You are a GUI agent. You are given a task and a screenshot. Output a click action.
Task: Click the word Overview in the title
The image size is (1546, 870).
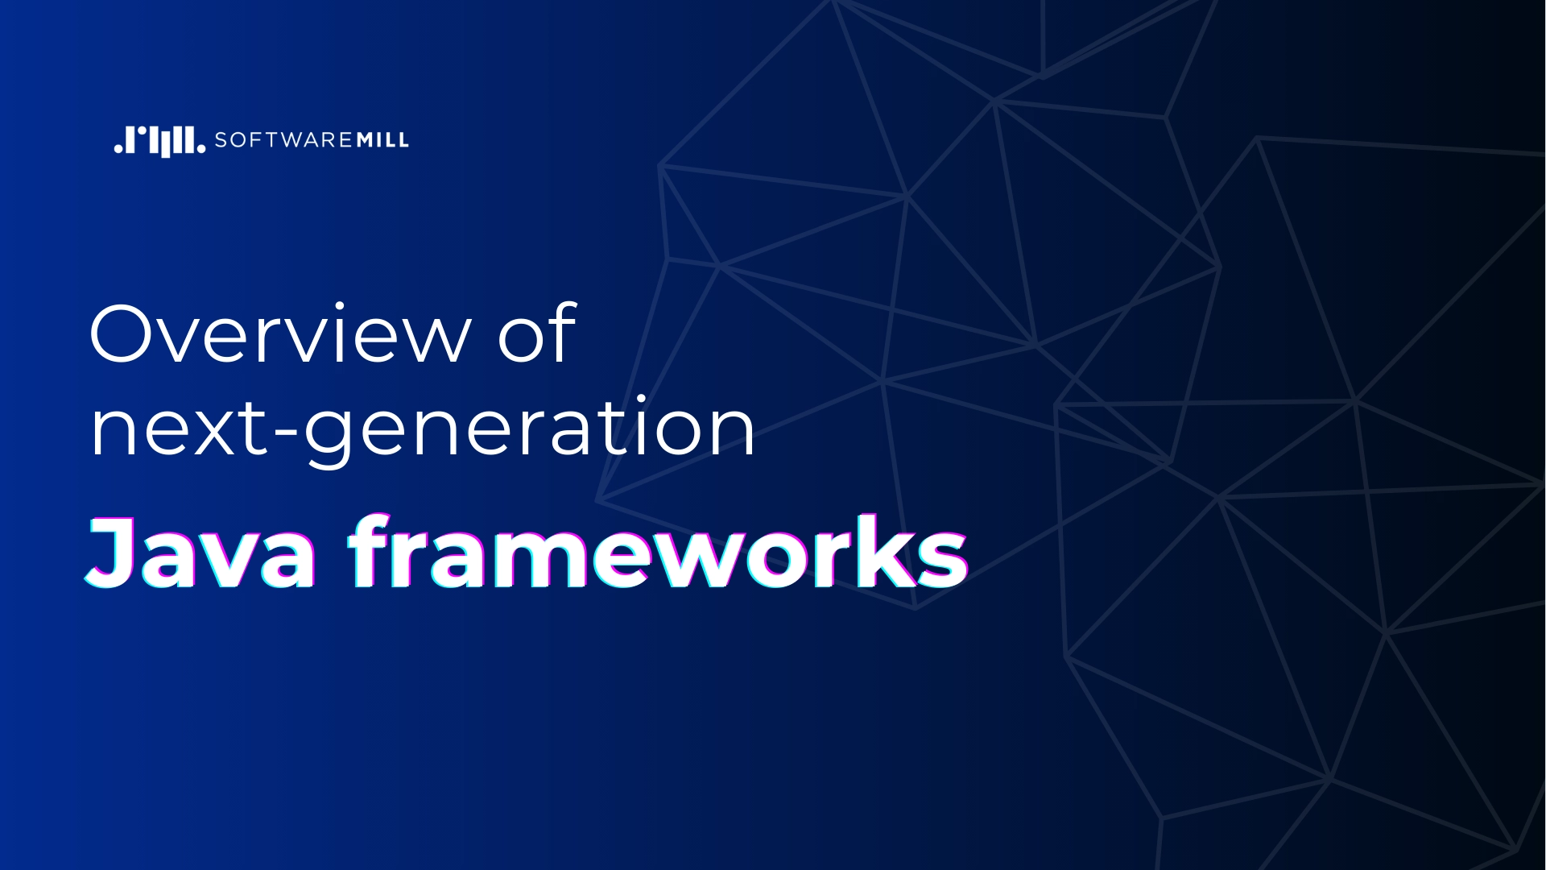point(279,333)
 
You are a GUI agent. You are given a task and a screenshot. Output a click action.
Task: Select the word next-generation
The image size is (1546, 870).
point(422,429)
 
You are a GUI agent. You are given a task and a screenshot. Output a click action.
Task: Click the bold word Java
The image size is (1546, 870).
point(201,553)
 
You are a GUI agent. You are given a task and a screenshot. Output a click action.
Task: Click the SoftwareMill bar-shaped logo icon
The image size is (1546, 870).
point(159,141)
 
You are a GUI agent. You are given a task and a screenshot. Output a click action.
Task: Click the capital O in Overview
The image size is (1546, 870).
point(122,333)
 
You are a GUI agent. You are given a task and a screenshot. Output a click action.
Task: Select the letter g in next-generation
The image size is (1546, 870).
point(329,438)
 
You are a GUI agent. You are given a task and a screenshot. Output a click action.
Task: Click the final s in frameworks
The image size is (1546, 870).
point(939,559)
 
